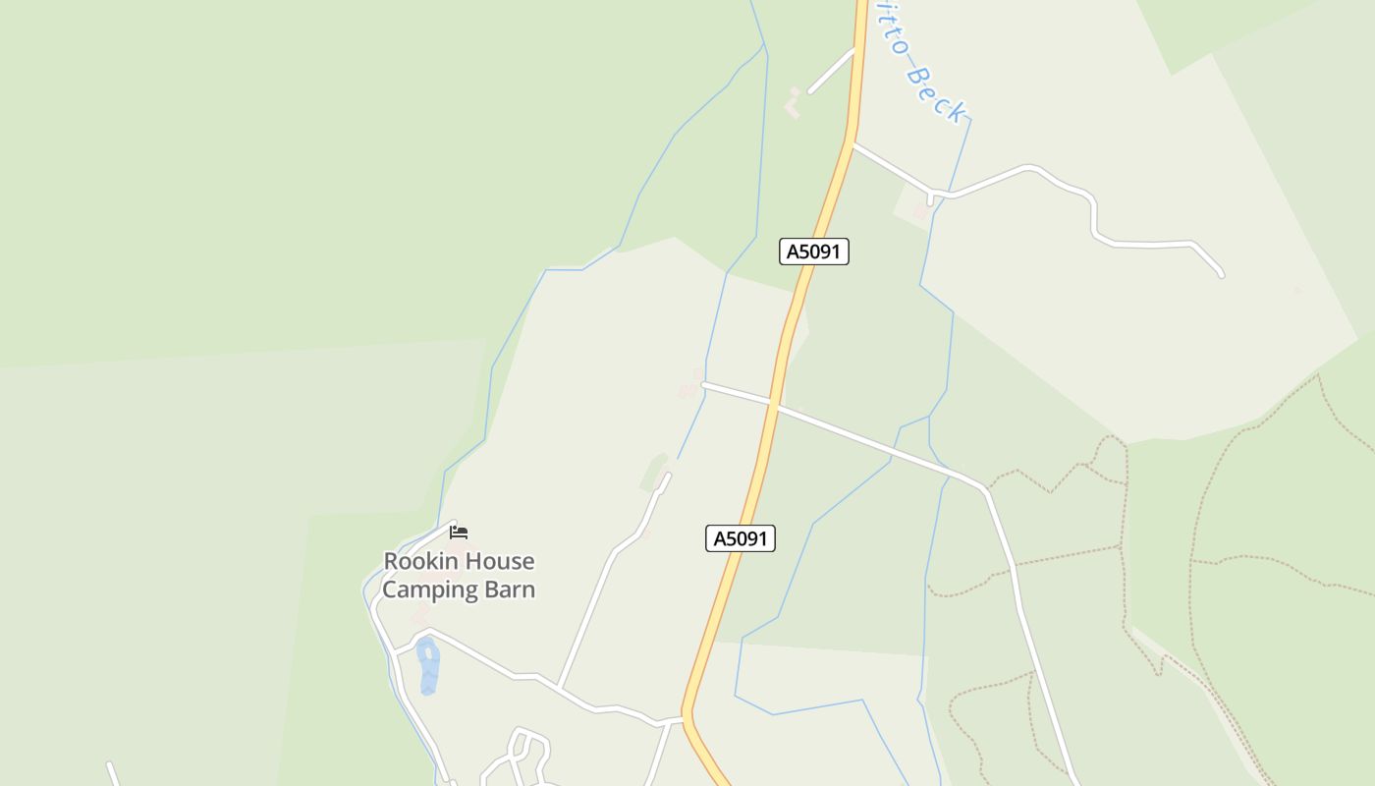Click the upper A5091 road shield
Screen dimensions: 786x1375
(x=814, y=252)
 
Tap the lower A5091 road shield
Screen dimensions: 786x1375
(x=741, y=538)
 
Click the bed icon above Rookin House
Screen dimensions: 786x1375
(x=459, y=533)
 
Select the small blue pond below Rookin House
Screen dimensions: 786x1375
(x=427, y=665)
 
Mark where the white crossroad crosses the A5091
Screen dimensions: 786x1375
(x=774, y=403)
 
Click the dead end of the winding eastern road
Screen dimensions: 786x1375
(x=1221, y=275)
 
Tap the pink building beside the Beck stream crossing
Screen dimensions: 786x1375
(x=920, y=211)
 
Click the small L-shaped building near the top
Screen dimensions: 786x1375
(x=794, y=103)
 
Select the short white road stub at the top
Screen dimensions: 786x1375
(x=832, y=71)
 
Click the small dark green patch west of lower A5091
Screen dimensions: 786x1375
(x=655, y=471)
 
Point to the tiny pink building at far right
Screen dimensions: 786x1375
(x=1297, y=290)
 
